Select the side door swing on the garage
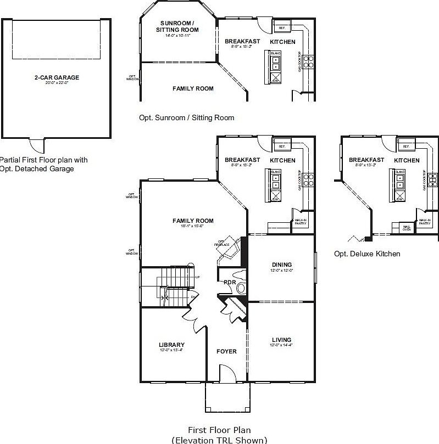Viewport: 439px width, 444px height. point(36,145)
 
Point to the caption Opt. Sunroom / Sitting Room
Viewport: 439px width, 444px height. point(186,117)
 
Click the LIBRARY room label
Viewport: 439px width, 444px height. point(171,345)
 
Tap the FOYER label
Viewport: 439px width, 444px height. point(226,351)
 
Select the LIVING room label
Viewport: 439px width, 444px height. point(280,340)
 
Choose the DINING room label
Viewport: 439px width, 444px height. point(281,265)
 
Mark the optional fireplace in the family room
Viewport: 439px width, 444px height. point(227,248)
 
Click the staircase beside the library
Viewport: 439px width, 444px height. point(176,285)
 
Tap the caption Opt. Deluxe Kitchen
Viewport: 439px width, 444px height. point(367,254)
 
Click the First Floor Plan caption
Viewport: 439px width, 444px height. point(219,430)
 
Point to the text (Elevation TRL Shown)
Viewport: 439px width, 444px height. point(219,440)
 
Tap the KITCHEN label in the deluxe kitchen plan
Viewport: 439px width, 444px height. point(407,160)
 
